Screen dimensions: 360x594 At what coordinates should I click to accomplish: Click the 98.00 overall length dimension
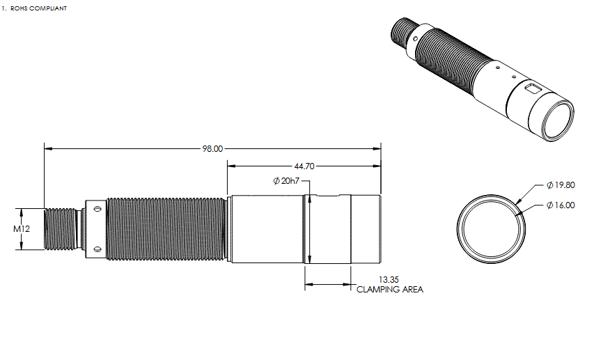[x=212, y=148]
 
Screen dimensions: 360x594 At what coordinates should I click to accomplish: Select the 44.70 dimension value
[x=305, y=166]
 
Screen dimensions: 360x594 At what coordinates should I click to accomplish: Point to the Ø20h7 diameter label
[x=287, y=181]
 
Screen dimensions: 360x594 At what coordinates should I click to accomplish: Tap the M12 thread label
[x=22, y=228]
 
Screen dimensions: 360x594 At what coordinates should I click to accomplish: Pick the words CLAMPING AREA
[x=389, y=290]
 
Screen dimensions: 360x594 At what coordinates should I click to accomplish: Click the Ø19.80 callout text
[x=561, y=185]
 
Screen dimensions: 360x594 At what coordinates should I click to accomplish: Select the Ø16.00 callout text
[x=561, y=205]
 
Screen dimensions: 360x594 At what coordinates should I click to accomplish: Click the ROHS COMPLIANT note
[x=36, y=8]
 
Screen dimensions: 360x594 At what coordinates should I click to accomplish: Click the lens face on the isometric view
[x=557, y=118]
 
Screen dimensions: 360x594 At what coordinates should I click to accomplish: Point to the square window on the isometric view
[x=533, y=88]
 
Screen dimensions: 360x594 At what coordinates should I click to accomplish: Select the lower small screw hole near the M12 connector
[x=97, y=249]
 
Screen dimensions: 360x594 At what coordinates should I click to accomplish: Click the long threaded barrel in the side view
[x=167, y=228]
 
